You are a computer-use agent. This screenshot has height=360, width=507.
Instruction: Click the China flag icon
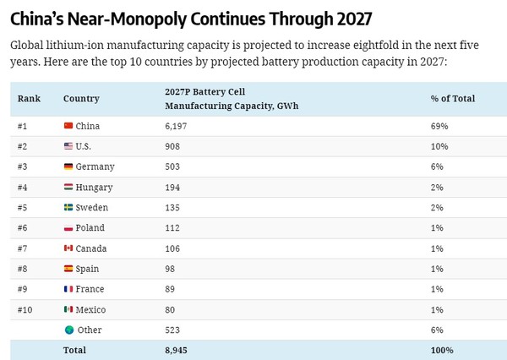tap(68, 126)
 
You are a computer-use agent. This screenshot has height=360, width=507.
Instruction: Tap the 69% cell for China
tap(439, 126)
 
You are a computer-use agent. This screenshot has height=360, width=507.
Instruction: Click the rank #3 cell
tap(24, 166)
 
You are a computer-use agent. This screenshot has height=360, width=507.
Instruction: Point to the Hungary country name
tap(94, 187)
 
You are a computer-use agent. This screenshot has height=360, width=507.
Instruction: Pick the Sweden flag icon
tap(68, 207)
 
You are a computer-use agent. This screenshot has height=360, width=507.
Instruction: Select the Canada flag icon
tap(68, 248)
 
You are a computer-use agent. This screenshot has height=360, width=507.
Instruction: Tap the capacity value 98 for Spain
tap(172, 269)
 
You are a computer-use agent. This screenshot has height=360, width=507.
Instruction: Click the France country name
tap(91, 289)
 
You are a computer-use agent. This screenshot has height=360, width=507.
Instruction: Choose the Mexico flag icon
tap(68, 309)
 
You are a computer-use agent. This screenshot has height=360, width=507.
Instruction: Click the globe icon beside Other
tap(68, 330)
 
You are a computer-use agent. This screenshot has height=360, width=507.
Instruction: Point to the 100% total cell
tap(442, 350)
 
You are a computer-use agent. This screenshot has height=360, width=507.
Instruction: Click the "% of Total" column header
tap(452, 99)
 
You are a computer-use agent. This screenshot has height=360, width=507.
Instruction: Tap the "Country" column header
tap(81, 99)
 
